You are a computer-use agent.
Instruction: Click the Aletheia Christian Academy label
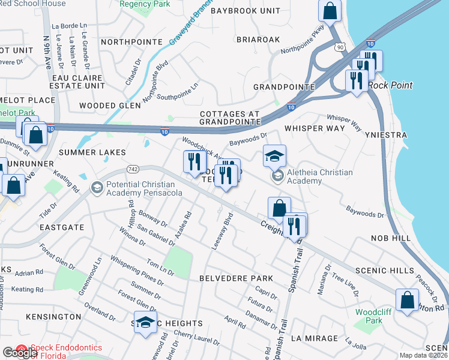tap(319, 177)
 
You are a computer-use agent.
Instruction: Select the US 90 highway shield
tap(340, 47)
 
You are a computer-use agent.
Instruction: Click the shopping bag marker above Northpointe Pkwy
tap(330, 11)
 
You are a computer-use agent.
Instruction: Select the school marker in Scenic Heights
tap(145, 323)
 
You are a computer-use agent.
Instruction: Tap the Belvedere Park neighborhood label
tap(236, 279)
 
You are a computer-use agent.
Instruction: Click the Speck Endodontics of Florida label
tap(66, 351)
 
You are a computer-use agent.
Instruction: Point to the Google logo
tap(20, 353)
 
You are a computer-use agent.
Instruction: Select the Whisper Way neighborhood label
tap(315, 128)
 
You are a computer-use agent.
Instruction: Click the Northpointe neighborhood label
tap(132, 42)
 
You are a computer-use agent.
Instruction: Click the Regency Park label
tap(145, 4)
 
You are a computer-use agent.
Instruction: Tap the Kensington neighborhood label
tap(54, 316)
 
